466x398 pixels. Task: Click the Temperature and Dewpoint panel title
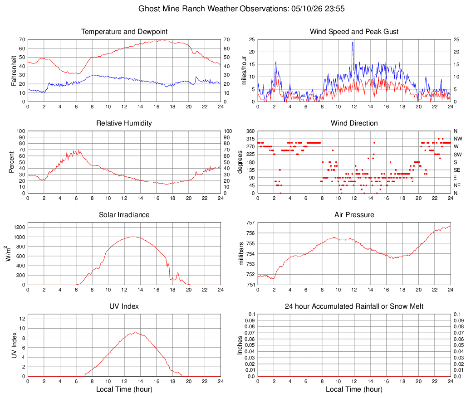pos(124,32)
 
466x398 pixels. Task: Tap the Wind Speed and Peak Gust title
pos(354,32)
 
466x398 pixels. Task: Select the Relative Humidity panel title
pos(124,123)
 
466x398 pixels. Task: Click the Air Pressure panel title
pos(354,214)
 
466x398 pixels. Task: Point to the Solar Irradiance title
pos(124,214)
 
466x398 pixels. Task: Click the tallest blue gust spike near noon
pos(353,42)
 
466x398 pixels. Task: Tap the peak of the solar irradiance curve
pos(133,237)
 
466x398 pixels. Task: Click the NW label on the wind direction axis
pos(458,139)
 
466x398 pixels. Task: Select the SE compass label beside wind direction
pos(457,170)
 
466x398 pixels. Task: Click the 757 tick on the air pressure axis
pos(250,223)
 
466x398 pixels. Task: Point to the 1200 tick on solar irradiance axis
pos(20,228)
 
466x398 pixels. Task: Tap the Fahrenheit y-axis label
pos(14,71)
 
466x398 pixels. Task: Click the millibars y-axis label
pos(241,253)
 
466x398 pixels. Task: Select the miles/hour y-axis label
pos(244,71)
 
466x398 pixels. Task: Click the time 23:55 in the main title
pos(335,9)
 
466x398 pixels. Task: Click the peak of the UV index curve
pos(135,332)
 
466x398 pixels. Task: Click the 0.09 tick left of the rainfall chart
pos(250,320)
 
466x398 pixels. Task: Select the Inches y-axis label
pos(240,345)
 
